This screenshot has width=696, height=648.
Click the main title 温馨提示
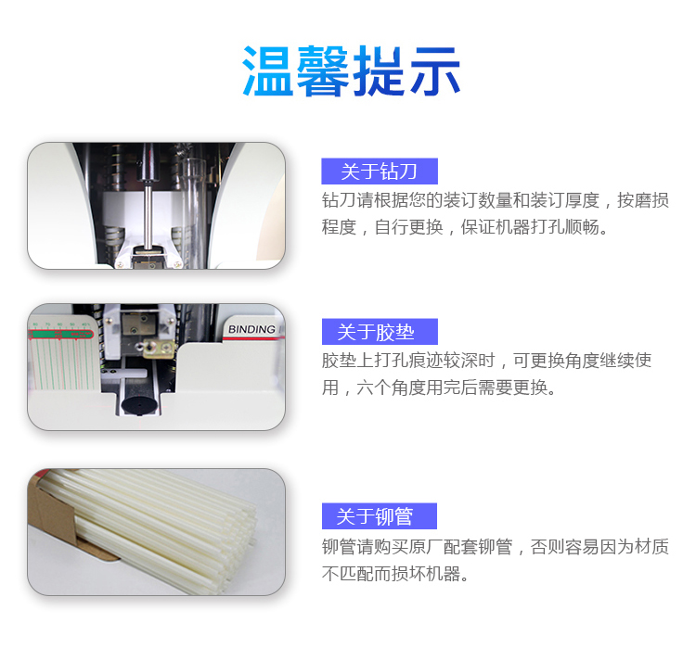351,71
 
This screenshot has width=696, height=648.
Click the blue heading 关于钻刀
379,172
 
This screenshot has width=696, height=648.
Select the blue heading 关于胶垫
376,332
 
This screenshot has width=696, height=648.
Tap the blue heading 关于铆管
375,516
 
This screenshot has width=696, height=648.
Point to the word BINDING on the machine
251,329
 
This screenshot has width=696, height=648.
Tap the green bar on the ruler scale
60,334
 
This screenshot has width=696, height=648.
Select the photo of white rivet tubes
156,532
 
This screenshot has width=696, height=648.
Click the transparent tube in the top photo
193,209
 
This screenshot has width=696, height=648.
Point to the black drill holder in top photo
148,163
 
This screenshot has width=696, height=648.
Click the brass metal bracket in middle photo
159,348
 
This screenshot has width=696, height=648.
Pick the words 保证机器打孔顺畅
534,227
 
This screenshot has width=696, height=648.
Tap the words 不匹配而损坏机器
394,574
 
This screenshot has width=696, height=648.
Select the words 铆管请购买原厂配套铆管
418,547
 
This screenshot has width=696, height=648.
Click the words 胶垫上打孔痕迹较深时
408,361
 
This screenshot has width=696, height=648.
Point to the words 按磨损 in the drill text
643,200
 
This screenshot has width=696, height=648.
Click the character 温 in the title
267,71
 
